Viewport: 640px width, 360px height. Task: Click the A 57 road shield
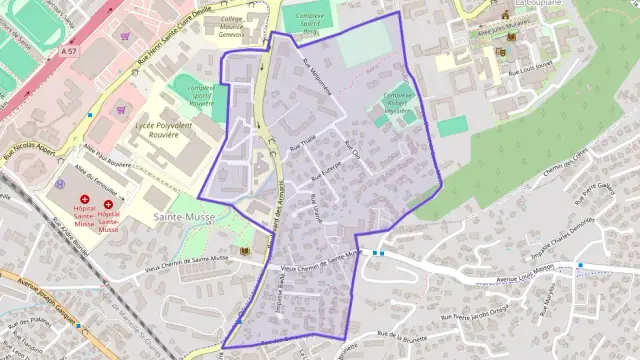coord(68,49)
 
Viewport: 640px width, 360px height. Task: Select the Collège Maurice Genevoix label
coord(232,25)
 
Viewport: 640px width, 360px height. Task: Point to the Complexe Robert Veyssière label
coord(398,103)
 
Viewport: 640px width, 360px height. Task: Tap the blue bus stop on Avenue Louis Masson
coord(580,265)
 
